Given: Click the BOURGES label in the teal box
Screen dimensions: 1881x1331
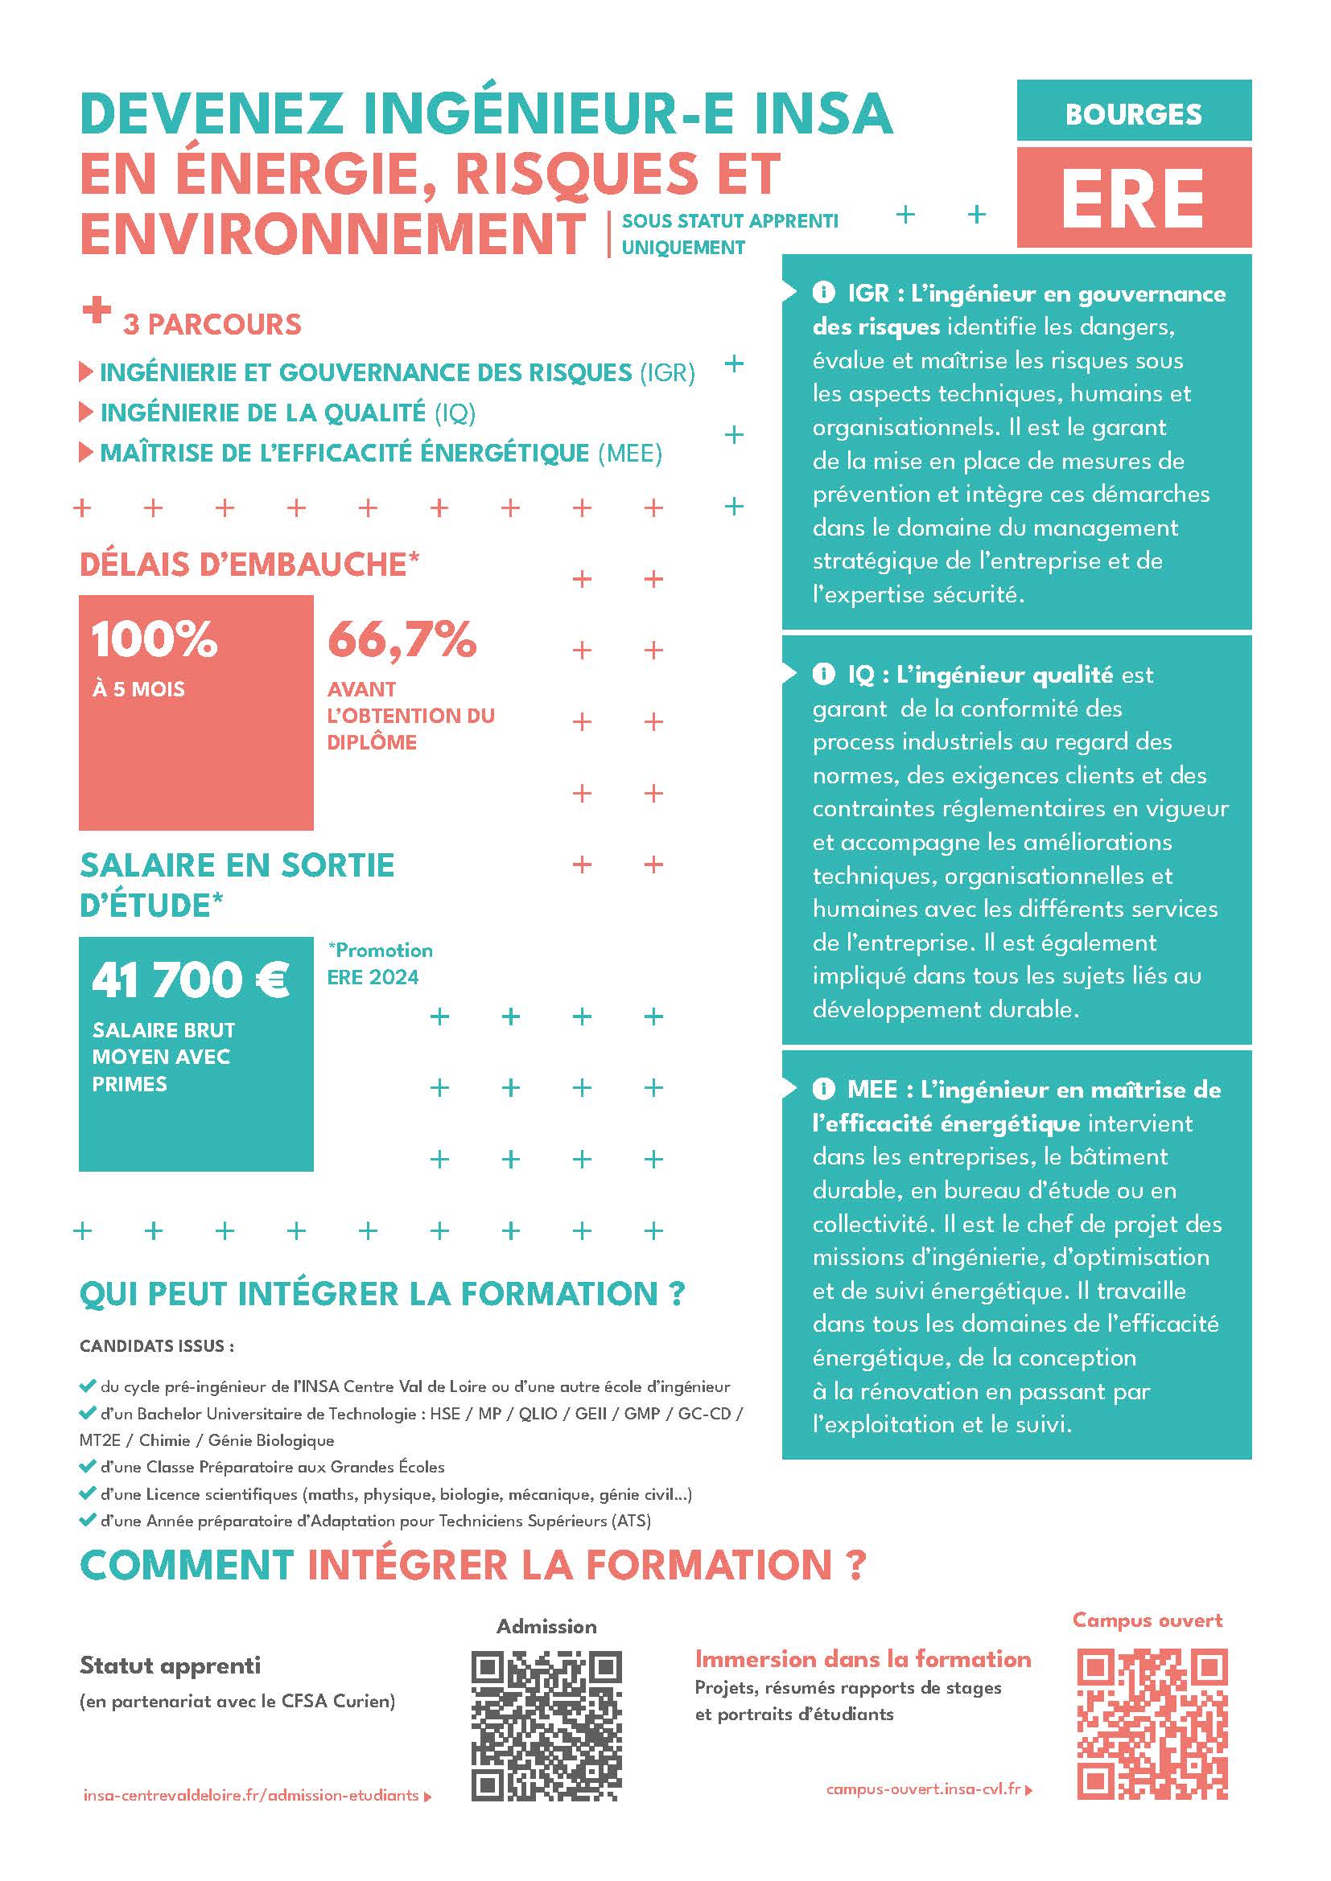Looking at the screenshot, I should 1133,114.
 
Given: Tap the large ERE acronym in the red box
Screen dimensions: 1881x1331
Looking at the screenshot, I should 1133,199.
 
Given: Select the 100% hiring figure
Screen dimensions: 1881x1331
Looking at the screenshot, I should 154,639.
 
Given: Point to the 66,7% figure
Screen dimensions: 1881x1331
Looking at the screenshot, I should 402,639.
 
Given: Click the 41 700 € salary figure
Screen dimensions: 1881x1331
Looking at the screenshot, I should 190,980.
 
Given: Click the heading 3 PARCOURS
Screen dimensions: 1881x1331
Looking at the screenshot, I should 212,324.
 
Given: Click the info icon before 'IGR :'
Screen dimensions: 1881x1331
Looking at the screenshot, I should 823,293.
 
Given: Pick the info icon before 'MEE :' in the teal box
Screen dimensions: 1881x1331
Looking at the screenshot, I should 823,1089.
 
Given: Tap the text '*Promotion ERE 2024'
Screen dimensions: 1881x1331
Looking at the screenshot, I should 380,963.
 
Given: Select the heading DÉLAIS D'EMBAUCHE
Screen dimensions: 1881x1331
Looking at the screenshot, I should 249,565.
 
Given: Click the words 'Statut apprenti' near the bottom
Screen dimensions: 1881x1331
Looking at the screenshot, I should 170,1665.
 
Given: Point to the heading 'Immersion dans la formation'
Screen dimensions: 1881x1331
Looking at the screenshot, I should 862,1659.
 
